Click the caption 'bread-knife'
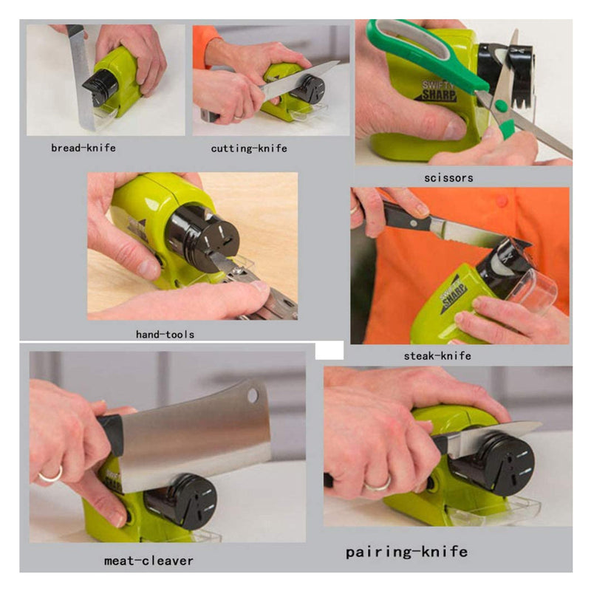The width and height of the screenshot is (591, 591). (83, 148)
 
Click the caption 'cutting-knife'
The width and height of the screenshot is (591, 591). (249, 148)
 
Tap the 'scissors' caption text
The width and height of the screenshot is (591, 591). (448, 178)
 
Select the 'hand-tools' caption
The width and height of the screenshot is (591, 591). (165, 335)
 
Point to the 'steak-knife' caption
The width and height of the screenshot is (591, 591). (437, 356)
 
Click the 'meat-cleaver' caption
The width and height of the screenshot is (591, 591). (148, 561)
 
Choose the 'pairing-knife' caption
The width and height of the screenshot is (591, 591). (406, 552)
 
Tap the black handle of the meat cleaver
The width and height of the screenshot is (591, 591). (111, 434)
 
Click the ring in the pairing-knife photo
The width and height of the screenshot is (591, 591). (377, 484)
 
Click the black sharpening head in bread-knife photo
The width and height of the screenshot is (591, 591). (100, 86)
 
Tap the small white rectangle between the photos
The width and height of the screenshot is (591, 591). (329, 349)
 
